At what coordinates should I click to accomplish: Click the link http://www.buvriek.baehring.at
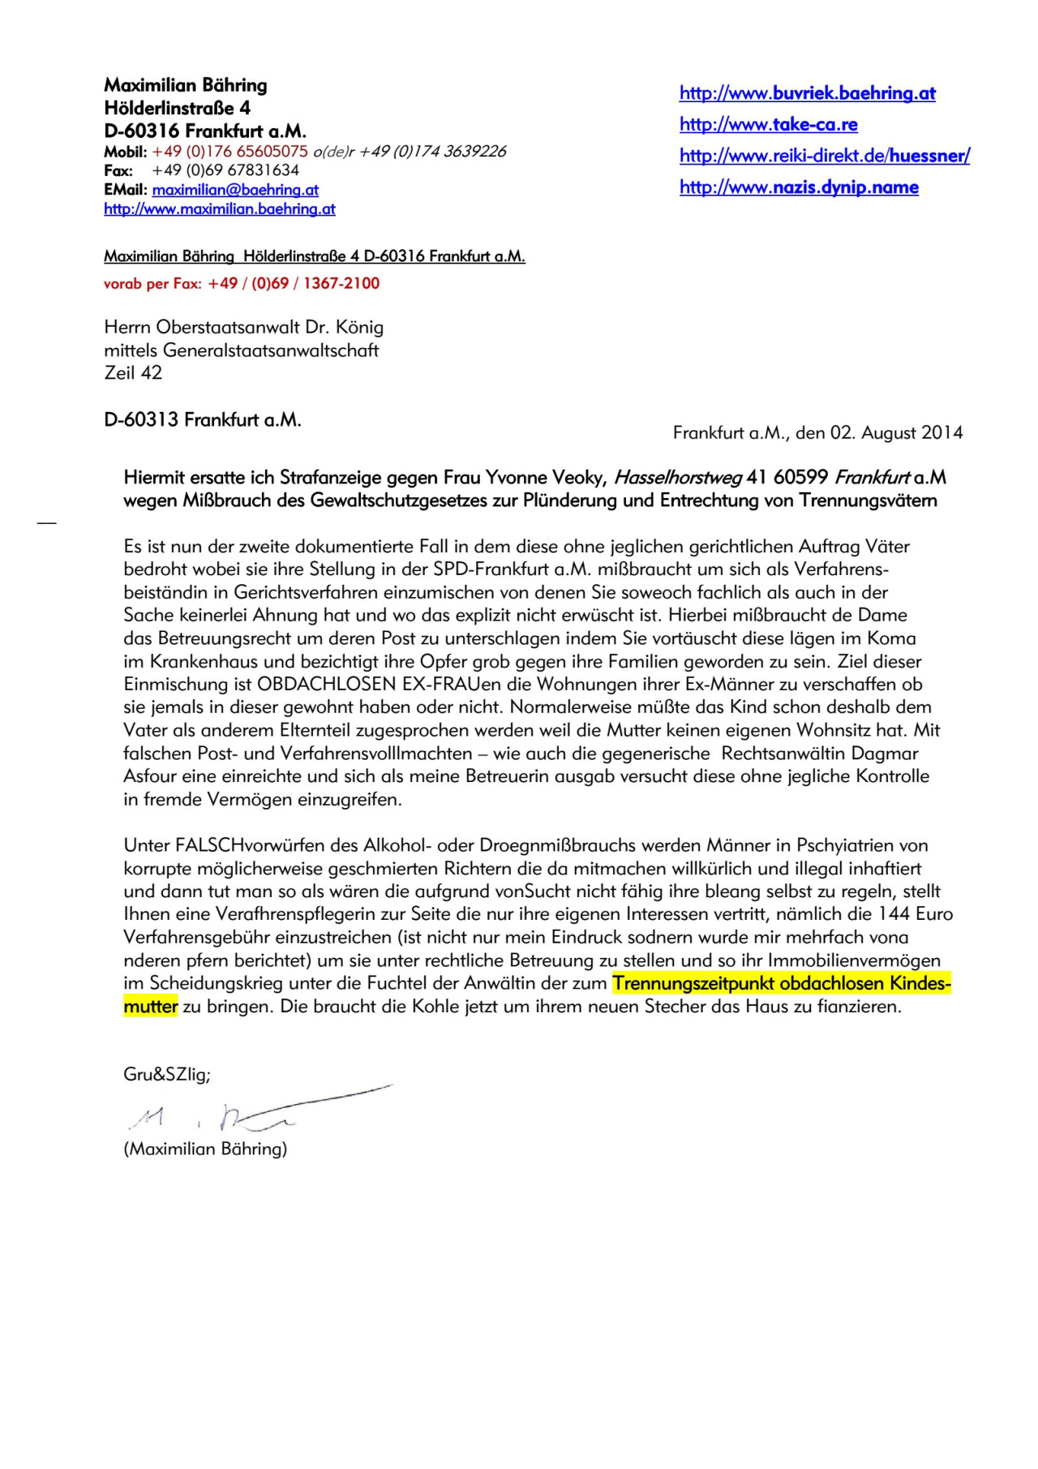click(807, 93)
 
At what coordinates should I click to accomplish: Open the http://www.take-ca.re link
click(768, 124)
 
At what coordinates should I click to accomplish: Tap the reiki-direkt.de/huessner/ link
click(824, 156)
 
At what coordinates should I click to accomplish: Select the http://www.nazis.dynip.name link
click(799, 187)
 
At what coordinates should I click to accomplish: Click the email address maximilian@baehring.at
click(235, 190)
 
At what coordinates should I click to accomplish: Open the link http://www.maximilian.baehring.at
click(219, 209)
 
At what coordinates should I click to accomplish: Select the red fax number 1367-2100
click(341, 284)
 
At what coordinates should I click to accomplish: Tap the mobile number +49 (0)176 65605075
click(229, 152)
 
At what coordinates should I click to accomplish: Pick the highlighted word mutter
click(150, 1007)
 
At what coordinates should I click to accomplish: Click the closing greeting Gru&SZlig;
click(167, 1075)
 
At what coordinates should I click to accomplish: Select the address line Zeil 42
click(133, 373)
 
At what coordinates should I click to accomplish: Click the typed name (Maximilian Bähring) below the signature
click(205, 1149)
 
